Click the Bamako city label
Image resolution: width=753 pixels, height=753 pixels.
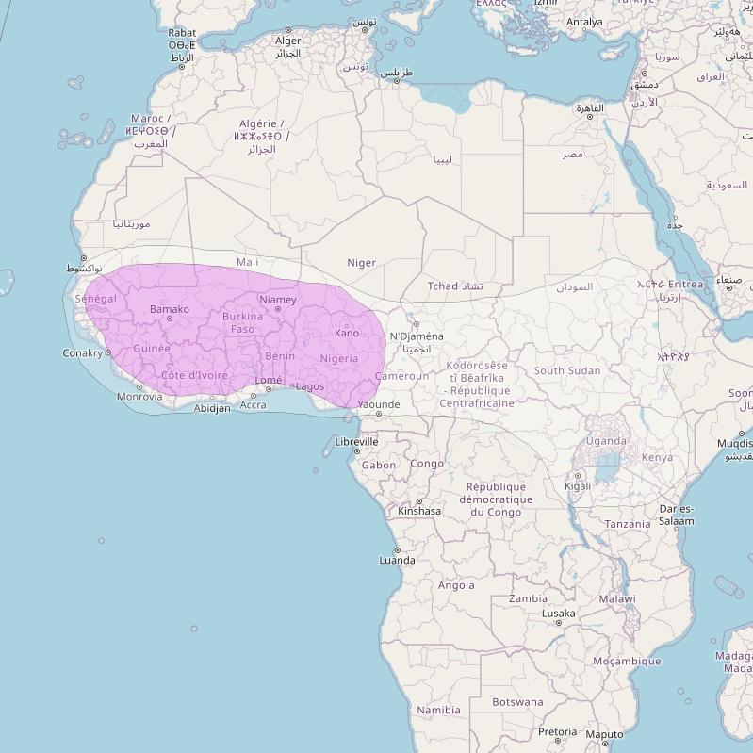click(x=170, y=309)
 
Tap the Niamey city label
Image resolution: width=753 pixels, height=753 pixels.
click(x=278, y=300)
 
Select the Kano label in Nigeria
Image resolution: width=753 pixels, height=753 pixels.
click(x=347, y=333)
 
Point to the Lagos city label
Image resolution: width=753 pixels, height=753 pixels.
click(x=310, y=386)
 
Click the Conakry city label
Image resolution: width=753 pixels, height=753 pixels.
click(x=82, y=353)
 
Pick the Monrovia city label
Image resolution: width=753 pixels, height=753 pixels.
click(x=139, y=397)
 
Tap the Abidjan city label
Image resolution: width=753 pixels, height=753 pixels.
click(x=212, y=409)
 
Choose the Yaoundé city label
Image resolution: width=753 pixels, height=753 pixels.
click(x=379, y=404)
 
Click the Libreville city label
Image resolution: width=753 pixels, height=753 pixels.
click(x=357, y=441)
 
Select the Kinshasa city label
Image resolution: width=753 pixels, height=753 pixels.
click(x=419, y=511)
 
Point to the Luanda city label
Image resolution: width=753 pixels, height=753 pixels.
click(x=397, y=560)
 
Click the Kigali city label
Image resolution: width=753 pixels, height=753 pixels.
click(x=578, y=486)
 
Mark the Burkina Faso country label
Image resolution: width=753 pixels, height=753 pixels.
click(x=242, y=323)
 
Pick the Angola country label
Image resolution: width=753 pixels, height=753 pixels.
click(x=456, y=585)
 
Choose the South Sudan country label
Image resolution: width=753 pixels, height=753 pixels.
click(x=567, y=370)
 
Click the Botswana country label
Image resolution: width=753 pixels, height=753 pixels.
click(x=517, y=702)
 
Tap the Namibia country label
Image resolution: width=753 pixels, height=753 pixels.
click(x=439, y=710)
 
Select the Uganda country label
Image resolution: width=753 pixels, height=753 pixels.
click(x=606, y=440)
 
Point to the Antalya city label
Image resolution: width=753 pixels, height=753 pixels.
click(x=584, y=22)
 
